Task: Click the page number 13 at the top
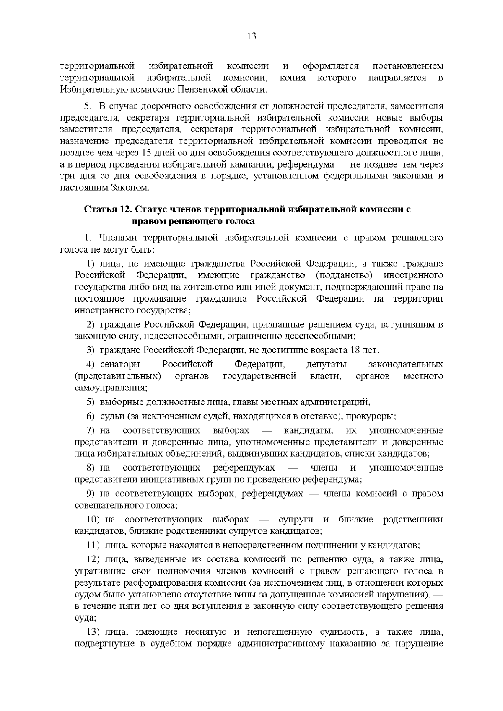click(251, 36)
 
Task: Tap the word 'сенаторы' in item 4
click(120, 364)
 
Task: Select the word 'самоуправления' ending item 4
click(111, 388)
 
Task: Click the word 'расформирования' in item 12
click(197, 583)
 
